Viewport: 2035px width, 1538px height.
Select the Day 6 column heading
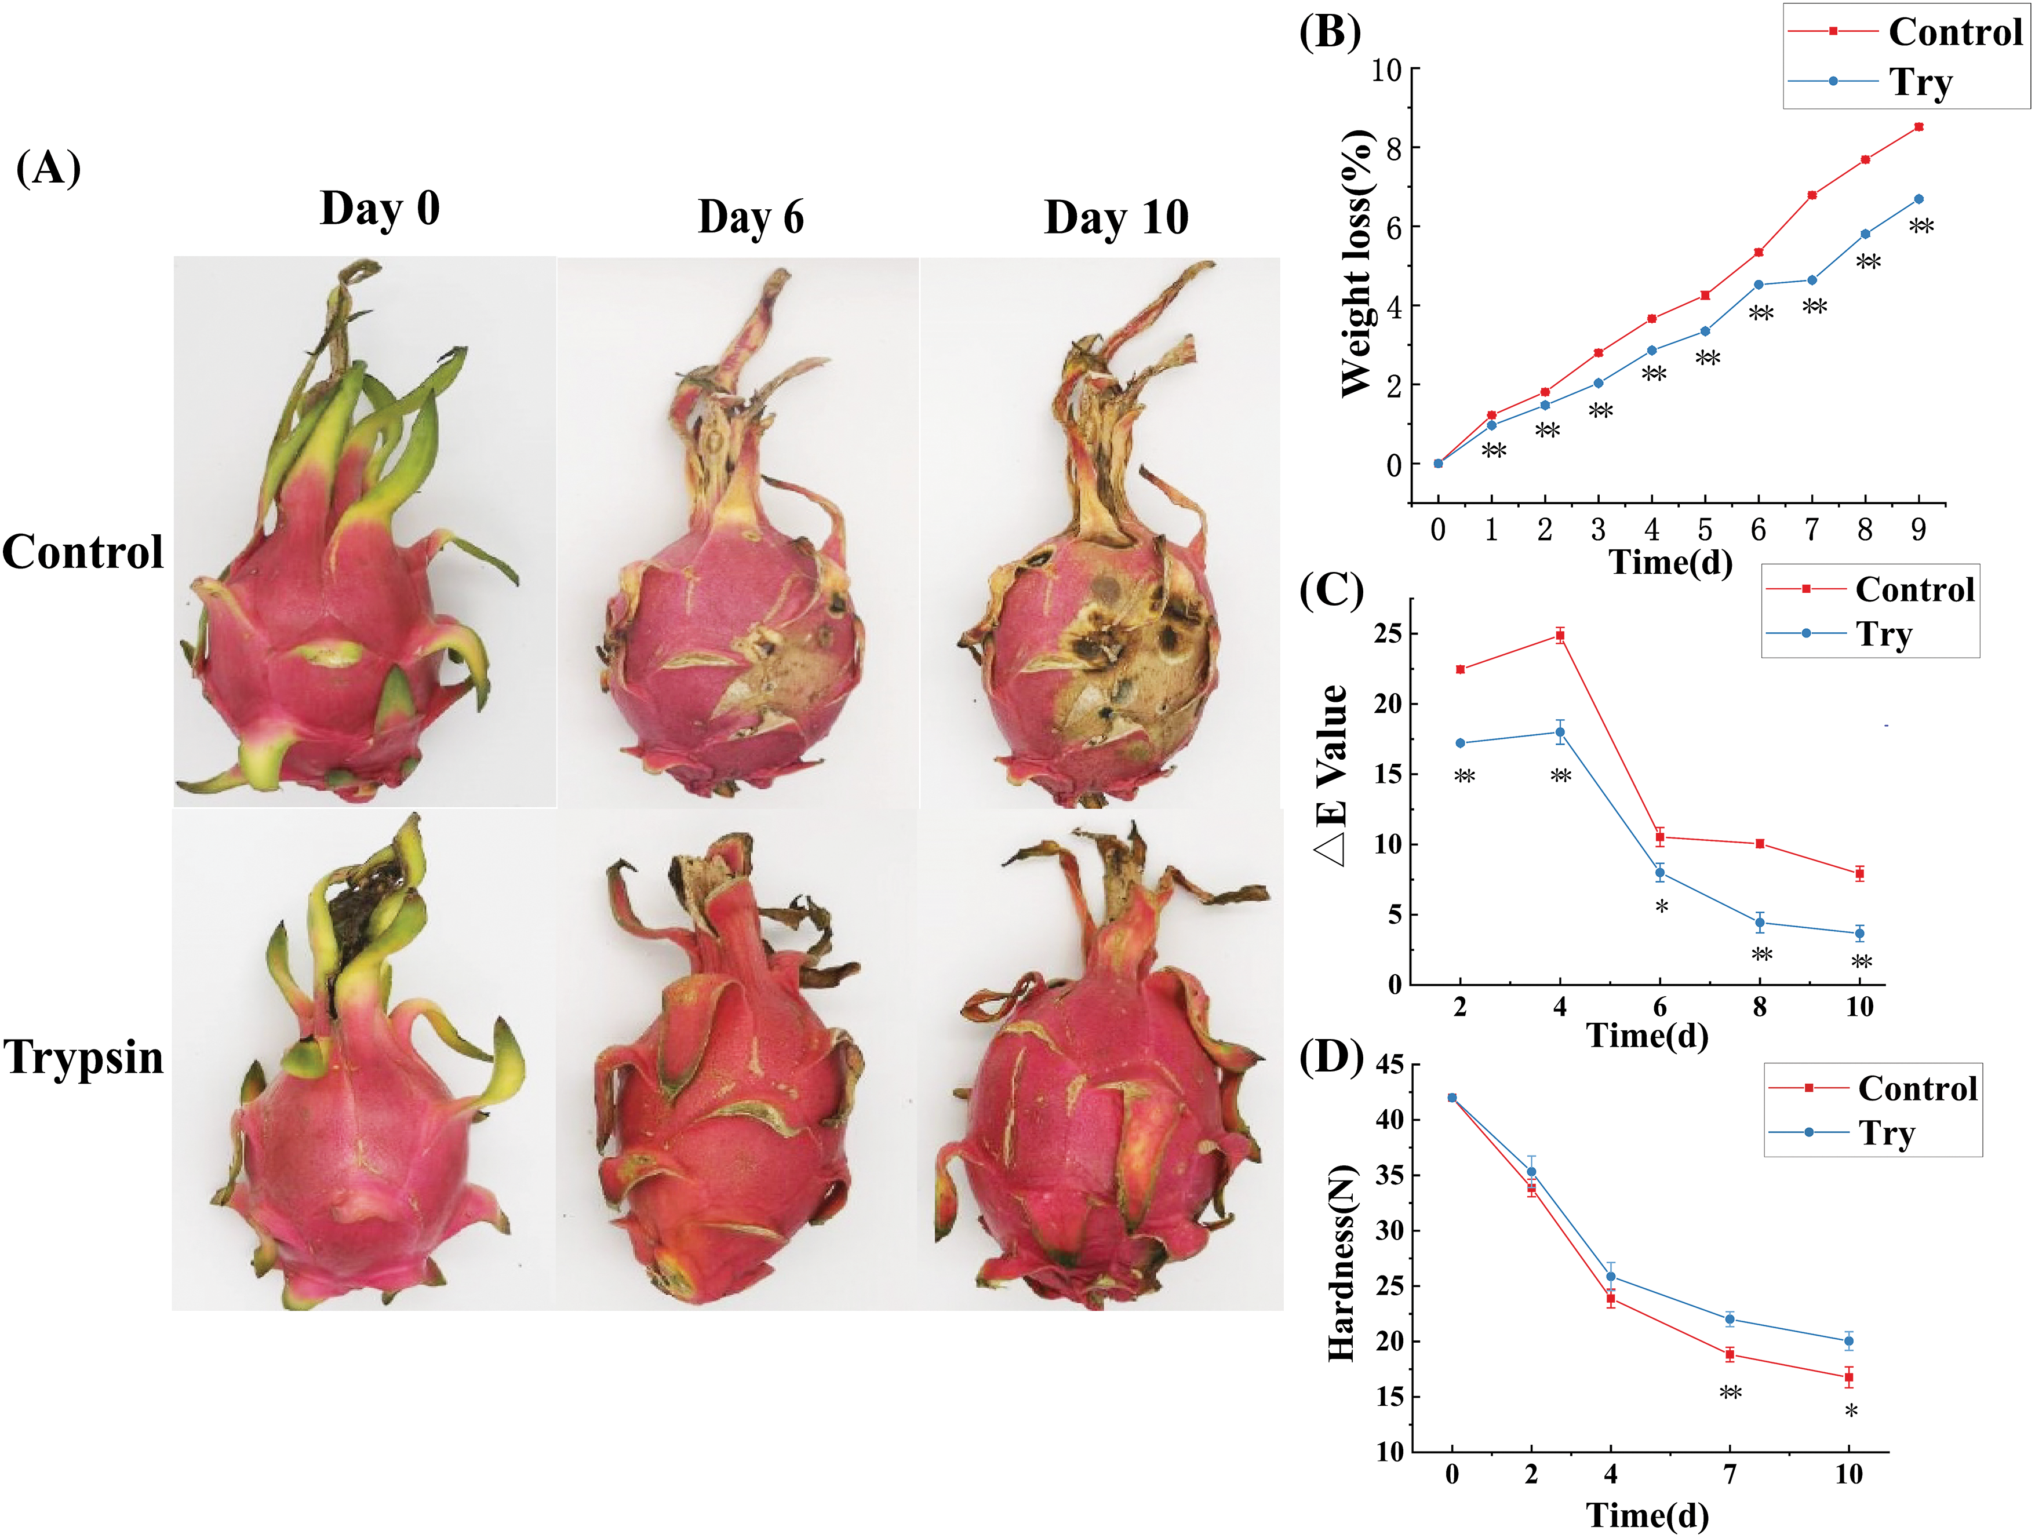[x=751, y=217]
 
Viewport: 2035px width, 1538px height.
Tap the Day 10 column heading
[x=1116, y=217]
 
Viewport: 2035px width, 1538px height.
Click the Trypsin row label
[x=83, y=1057]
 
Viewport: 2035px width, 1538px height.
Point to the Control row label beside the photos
[x=83, y=552]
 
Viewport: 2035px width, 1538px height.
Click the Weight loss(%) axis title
[x=1357, y=265]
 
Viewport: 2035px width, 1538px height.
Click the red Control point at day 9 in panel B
[x=1918, y=127]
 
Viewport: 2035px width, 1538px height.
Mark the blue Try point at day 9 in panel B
[x=1918, y=199]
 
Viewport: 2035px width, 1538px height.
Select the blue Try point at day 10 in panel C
[x=1859, y=934]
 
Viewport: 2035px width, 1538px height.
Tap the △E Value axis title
[x=1332, y=775]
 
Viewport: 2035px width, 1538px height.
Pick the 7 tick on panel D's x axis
[x=1730, y=1474]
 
